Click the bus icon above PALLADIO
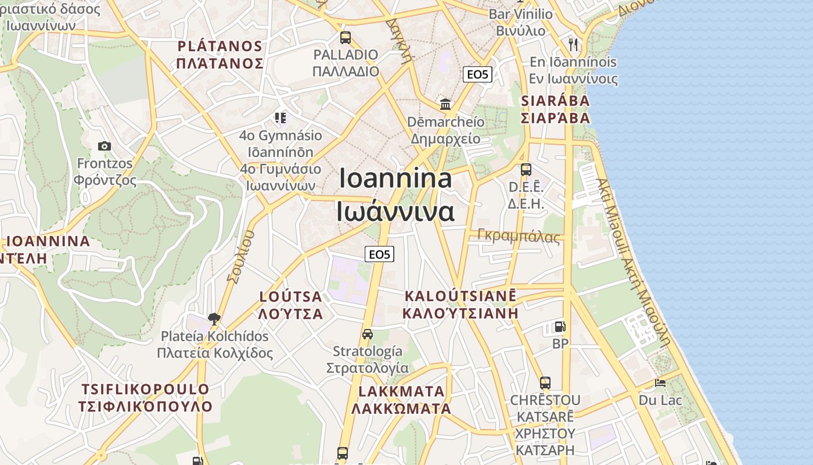[x=346, y=38]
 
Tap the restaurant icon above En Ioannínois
[x=574, y=44]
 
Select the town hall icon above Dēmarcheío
[x=445, y=104]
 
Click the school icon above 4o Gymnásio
[x=281, y=119]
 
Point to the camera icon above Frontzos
[x=105, y=146]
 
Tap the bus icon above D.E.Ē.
[x=526, y=170]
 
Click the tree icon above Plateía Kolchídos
[x=214, y=319]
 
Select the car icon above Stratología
[x=367, y=334]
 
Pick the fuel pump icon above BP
[x=560, y=327]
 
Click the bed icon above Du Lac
[x=660, y=382]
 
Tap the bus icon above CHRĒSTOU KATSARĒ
[x=545, y=382]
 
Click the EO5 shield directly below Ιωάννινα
[x=380, y=254]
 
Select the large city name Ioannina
[x=395, y=178]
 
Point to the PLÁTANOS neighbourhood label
[x=220, y=46]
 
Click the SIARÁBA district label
[x=555, y=101]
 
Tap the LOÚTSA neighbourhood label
[x=290, y=296]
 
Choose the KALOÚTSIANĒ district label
[x=460, y=295]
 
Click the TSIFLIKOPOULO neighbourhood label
[x=145, y=389]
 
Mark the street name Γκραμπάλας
[x=519, y=236]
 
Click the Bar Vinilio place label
[x=521, y=14]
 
